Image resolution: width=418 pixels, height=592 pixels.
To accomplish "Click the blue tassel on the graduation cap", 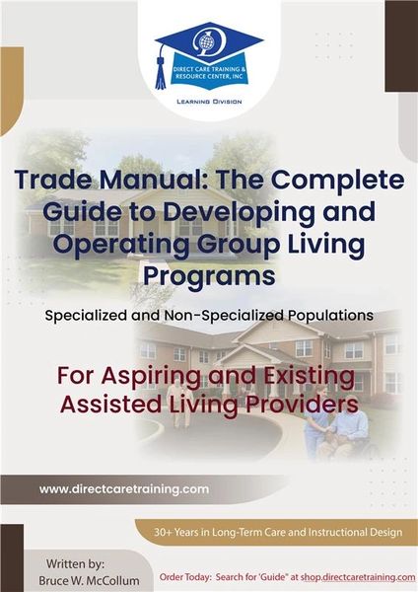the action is click(x=161, y=73).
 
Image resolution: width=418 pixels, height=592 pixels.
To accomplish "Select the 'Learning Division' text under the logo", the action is click(x=209, y=102).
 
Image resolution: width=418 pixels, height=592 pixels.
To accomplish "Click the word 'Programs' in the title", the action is click(x=209, y=276).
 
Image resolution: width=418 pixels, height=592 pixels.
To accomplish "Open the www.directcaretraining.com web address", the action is click(x=124, y=489).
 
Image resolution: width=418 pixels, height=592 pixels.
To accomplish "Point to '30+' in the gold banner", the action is click(x=163, y=533).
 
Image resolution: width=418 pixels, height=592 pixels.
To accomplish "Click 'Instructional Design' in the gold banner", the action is click(x=355, y=533).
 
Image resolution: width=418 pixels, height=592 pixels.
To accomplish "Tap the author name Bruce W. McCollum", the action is click(x=89, y=580).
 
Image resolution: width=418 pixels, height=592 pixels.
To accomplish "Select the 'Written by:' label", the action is click(x=75, y=564).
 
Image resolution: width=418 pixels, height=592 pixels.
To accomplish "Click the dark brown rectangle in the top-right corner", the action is click(x=401, y=46).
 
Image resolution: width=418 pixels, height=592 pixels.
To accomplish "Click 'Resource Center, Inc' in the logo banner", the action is click(x=210, y=76).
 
